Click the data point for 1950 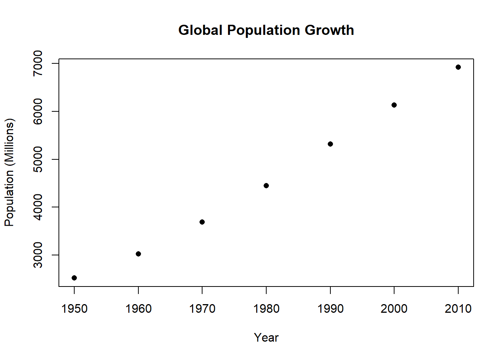click(74, 278)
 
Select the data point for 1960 click(138, 254)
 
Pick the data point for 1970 click(202, 222)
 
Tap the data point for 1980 click(266, 186)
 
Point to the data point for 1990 click(330, 144)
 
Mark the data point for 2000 click(394, 105)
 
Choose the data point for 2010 click(458, 67)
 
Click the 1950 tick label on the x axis click(74, 309)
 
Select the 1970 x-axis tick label click(202, 309)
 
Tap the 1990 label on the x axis click(330, 309)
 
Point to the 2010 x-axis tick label click(458, 309)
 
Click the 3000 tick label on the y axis click(38, 255)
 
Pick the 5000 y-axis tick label click(38, 159)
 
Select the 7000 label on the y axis click(38, 63)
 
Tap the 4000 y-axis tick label click(38, 207)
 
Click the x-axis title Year click(266, 337)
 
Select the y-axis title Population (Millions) click(9, 172)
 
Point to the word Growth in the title click(329, 30)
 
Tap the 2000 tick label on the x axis click(394, 309)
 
